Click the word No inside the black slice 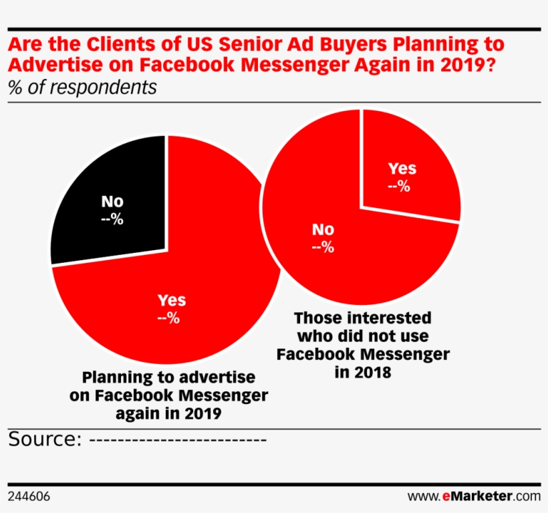click(112, 201)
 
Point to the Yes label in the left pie click(171, 300)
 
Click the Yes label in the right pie click(402, 168)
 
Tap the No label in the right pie click(323, 229)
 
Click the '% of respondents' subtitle click(83, 88)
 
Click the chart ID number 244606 click(29, 496)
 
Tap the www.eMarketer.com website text click(474, 496)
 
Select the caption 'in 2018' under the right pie click(362, 372)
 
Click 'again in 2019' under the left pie click(168, 413)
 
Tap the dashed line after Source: click(178, 440)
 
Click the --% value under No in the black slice click(112, 219)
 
